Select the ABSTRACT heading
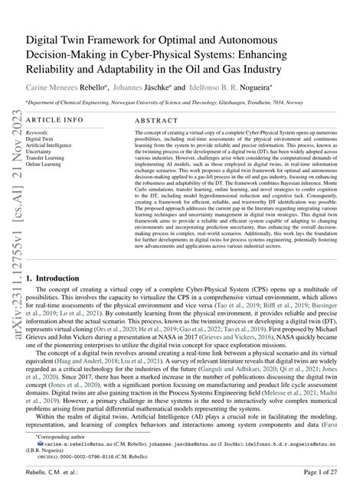155,120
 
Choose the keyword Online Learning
45,164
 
